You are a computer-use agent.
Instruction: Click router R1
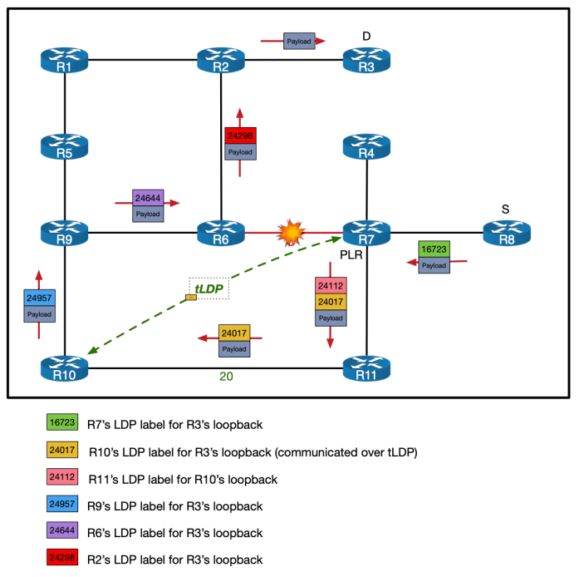[64, 60]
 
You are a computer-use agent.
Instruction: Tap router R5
[64, 147]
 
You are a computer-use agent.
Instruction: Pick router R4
[366, 147]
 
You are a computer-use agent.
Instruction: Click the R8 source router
[507, 234]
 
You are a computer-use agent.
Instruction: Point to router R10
[64, 368]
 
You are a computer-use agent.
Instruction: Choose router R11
[366, 368]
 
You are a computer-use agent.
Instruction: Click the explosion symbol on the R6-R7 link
[291, 233]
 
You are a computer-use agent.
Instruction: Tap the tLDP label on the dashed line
[209, 288]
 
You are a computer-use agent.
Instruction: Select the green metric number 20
[226, 377]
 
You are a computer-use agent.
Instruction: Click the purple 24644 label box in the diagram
[148, 199]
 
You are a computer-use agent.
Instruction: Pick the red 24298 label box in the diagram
[240, 136]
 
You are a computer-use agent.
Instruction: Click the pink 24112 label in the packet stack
[331, 286]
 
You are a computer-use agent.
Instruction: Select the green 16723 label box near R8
[434, 249]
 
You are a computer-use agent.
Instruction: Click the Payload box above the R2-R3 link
[298, 40]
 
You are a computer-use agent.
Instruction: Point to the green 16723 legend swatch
[61, 423]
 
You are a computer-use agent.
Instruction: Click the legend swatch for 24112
[61, 478]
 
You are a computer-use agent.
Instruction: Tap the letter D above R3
[366, 36]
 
